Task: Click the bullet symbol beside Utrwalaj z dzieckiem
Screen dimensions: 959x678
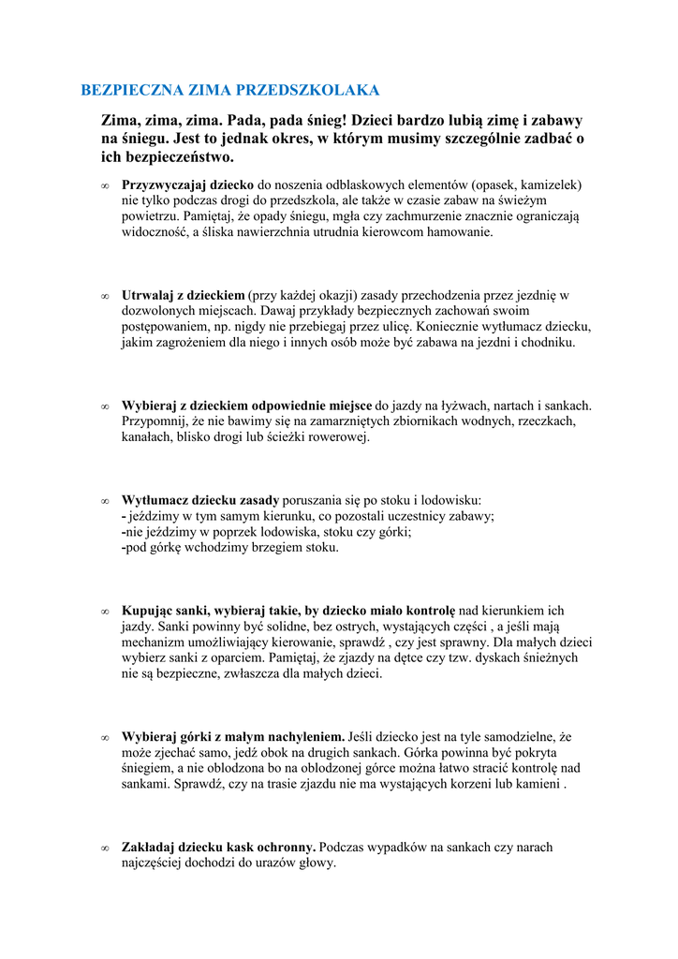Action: (105, 296)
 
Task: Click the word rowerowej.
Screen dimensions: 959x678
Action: (341, 436)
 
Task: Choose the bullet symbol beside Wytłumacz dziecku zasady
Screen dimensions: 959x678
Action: (105, 501)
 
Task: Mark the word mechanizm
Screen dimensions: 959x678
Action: (155, 642)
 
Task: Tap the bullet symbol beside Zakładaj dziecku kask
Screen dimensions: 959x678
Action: (105, 848)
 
